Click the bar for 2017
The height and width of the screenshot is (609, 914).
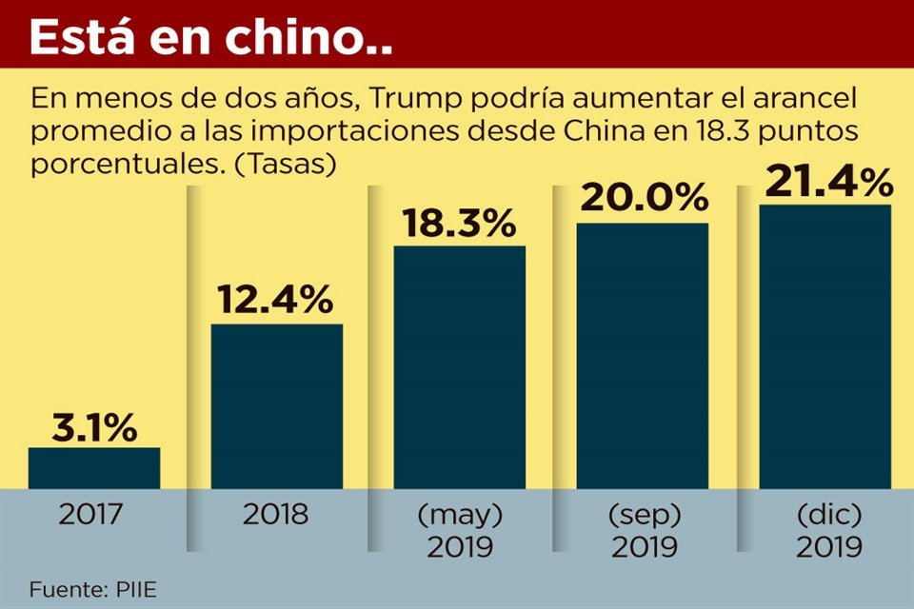[x=94, y=467]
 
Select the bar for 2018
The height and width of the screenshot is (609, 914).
[x=277, y=406]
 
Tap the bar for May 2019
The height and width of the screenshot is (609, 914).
[x=460, y=367]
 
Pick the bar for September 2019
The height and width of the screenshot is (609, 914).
[x=643, y=356]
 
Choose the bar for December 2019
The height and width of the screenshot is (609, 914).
[x=825, y=346]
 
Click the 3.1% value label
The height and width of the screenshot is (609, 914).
[x=94, y=428]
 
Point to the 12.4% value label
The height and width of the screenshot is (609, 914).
[x=277, y=300]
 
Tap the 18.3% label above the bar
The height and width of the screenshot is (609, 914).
[x=460, y=223]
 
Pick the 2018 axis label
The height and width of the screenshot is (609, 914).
[x=275, y=516]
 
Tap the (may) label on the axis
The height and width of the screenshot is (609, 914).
[x=460, y=516]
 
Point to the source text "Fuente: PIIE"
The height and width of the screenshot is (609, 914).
[x=91, y=589]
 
